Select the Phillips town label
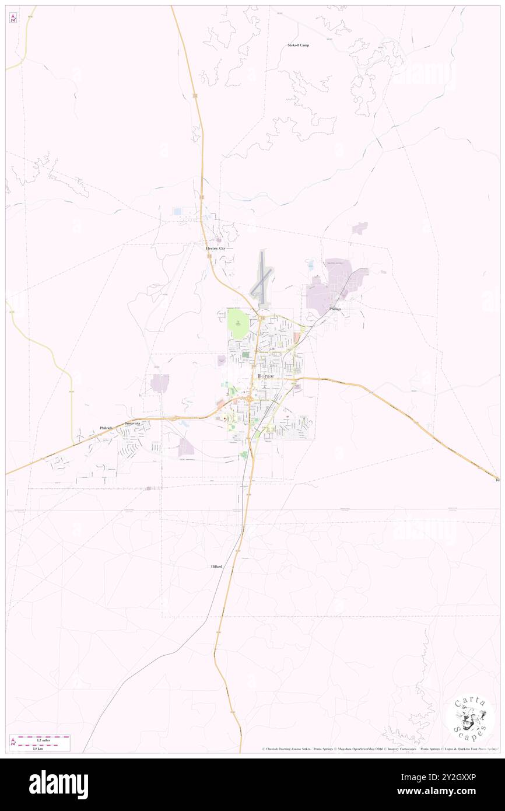coord(335,309)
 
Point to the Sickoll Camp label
coord(299,45)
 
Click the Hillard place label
coord(216,567)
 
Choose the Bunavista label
coord(132,423)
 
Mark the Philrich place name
coord(106,428)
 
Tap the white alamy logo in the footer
coord(58,784)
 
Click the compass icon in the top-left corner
coord(13,18)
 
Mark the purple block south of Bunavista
coord(186,446)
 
